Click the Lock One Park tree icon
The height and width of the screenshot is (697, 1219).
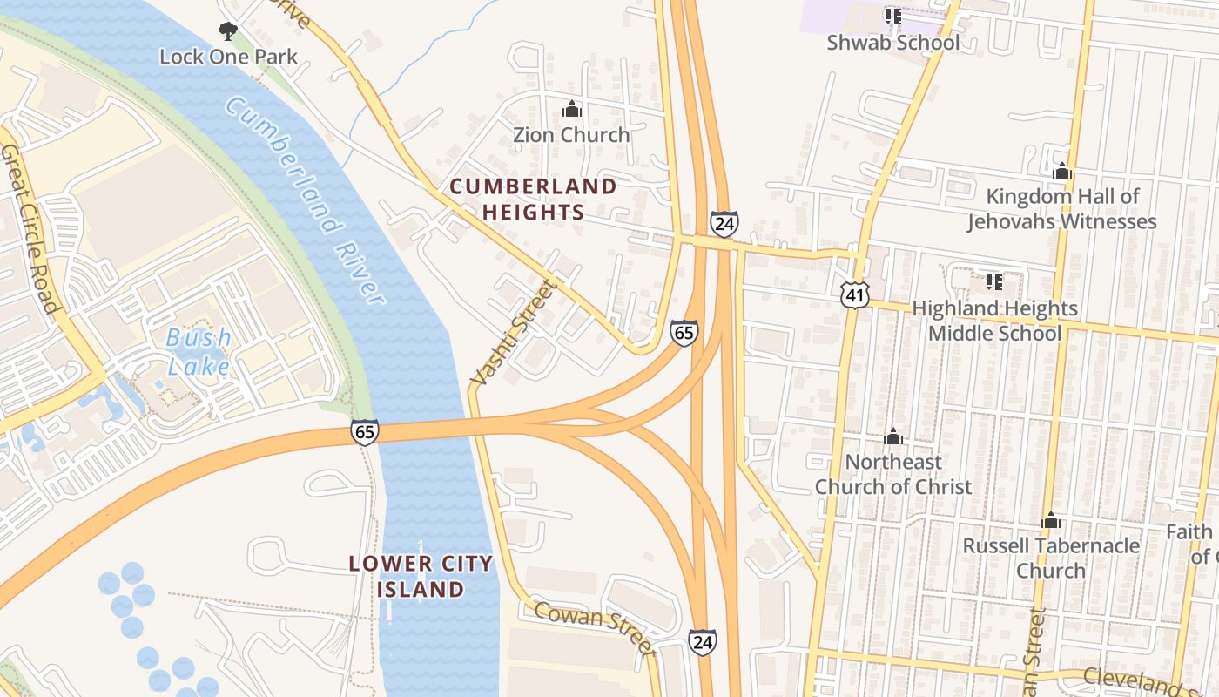[x=228, y=32]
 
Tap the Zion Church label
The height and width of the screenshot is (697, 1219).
[x=571, y=135]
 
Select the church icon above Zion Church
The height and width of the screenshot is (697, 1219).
[x=572, y=110]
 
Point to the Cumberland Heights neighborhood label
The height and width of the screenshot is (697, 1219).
[x=532, y=199]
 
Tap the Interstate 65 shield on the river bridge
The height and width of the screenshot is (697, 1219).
[x=365, y=431]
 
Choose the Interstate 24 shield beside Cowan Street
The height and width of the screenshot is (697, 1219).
[x=703, y=642]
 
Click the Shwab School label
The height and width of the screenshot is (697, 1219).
[x=893, y=43]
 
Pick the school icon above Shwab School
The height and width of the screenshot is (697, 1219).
[x=892, y=17]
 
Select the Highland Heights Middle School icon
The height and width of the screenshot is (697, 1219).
[x=993, y=282]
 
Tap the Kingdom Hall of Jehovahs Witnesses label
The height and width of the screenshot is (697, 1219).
[x=1061, y=209]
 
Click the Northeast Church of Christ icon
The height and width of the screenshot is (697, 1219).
[x=893, y=436]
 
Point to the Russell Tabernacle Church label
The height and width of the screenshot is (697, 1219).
[x=1051, y=558]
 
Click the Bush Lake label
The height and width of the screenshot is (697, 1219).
[x=199, y=351]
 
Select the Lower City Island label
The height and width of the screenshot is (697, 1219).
[x=421, y=577]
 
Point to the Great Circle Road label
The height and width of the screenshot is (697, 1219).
[x=29, y=228]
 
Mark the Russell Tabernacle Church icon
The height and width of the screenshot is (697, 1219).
[x=1051, y=521]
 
